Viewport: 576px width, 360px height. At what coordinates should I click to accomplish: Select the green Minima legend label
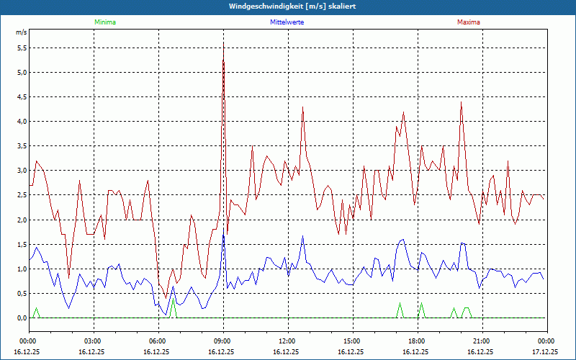(x=104, y=22)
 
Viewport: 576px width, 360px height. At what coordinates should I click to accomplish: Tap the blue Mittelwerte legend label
(x=287, y=22)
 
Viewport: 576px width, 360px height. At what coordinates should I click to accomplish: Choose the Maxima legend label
(x=468, y=22)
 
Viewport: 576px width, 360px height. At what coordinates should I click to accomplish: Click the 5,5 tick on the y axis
(x=22, y=48)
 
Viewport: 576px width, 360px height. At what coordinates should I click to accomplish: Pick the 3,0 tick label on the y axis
(x=22, y=171)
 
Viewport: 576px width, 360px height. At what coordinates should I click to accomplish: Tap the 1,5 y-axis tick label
(x=22, y=245)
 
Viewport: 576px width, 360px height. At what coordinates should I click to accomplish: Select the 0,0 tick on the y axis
(x=22, y=318)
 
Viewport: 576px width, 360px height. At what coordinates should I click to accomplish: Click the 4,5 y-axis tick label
(x=22, y=97)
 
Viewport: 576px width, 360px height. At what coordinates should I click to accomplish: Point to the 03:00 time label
(x=93, y=341)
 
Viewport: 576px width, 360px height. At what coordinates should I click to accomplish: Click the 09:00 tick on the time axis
(x=222, y=341)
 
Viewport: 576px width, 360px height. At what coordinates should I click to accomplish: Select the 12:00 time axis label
(x=287, y=341)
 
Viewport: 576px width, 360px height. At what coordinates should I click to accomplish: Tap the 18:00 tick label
(x=416, y=341)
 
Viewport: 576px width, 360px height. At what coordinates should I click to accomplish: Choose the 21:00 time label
(x=481, y=341)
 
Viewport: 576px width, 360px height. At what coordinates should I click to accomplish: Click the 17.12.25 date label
(x=544, y=352)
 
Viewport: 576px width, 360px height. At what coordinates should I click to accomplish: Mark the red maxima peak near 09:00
(x=223, y=45)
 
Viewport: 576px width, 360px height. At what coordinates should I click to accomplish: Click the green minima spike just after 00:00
(x=36, y=308)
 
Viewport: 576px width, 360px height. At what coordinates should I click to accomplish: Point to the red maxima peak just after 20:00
(x=461, y=102)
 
